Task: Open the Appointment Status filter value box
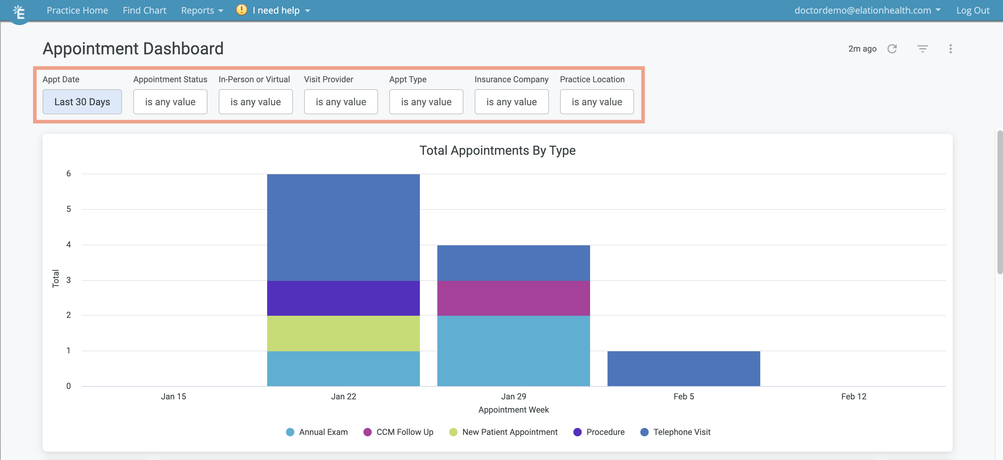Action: pyautogui.click(x=170, y=102)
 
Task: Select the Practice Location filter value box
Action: pyautogui.click(x=596, y=102)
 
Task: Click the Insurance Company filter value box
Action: pyautogui.click(x=511, y=102)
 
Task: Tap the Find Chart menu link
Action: pyautogui.click(x=144, y=10)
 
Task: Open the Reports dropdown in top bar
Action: pyautogui.click(x=202, y=10)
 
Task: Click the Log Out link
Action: pyautogui.click(x=972, y=10)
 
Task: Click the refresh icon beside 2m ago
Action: pyautogui.click(x=892, y=49)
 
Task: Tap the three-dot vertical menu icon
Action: pyautogui.click(x=950, y=49)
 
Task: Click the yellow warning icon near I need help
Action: pyautogui.click(x=241, y=10)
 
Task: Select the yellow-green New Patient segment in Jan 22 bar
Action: pyautogui.click(x=343, y=333)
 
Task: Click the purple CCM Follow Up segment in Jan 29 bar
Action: pyautogui.click(x=513, y=298)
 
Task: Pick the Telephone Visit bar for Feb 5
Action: pyautogui.click(x=683, y=369)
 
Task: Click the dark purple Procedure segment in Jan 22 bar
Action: pyautogui.click(x=343, y=298)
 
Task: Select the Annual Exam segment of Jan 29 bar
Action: pyautogui.click(x=513, y=351)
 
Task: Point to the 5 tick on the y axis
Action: pyautogui.click(x=68, y=209)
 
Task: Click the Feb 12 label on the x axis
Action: pyautogui.click(x=853, y=397)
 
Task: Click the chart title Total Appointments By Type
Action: pyautogui.click(x=497, y=151)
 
